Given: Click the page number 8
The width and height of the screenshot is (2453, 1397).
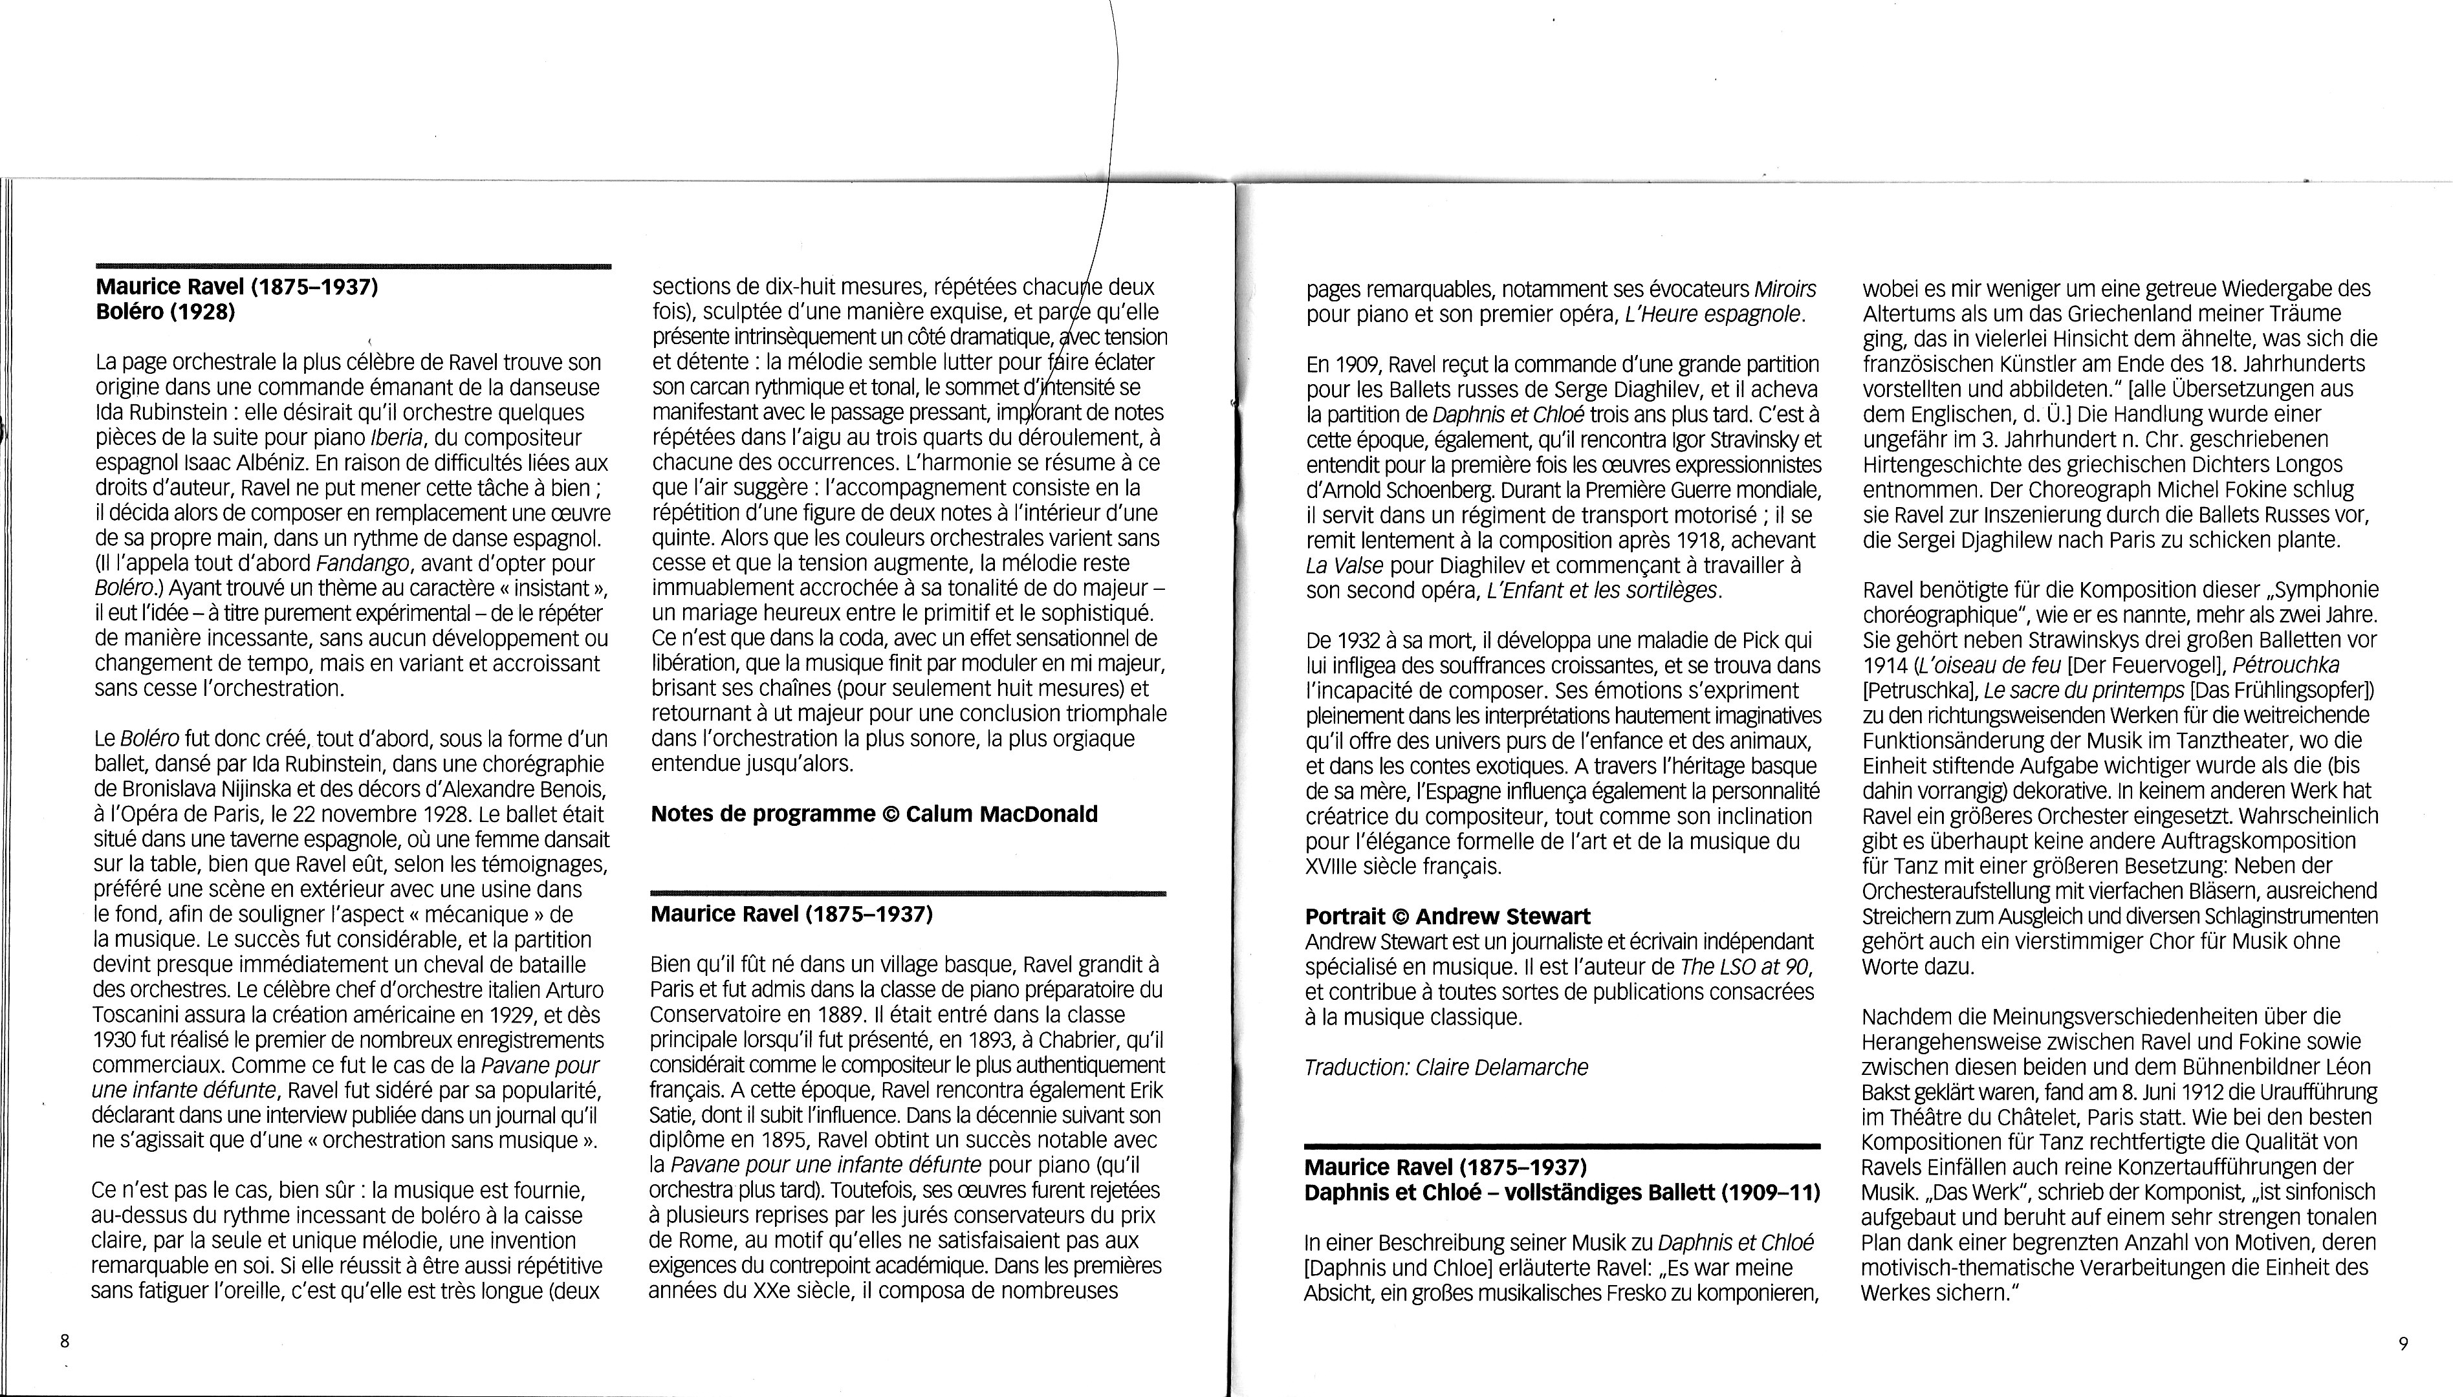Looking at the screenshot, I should point(64,1341).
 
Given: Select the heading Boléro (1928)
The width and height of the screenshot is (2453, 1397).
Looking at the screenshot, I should point(165,312).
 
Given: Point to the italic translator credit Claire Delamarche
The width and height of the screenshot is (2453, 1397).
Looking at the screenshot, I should point(1446,1067).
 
